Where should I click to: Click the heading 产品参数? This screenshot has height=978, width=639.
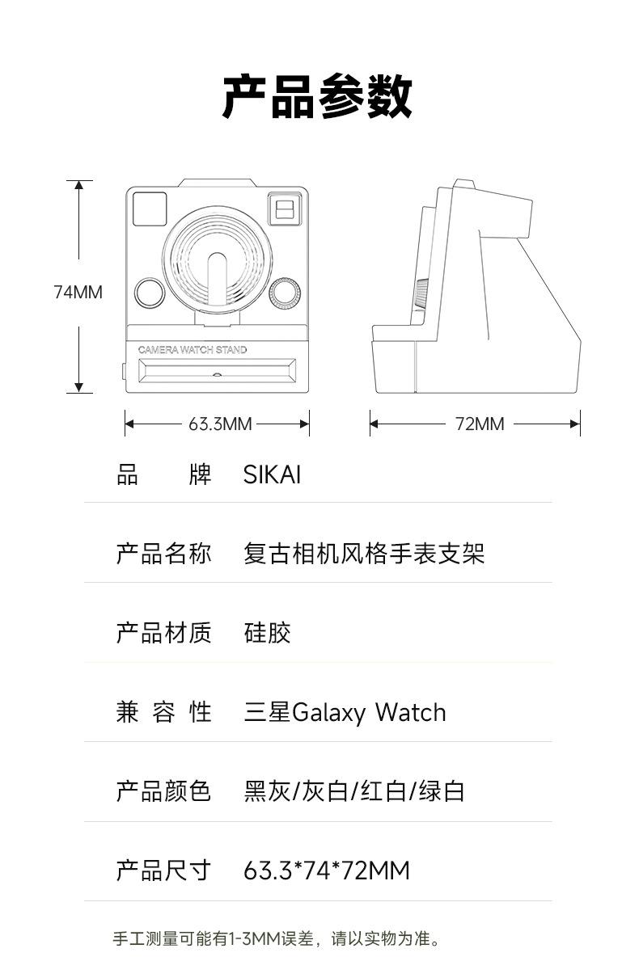point(318,97)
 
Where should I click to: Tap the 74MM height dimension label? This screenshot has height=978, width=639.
point(78,292)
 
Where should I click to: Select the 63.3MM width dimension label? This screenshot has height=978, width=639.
point(220,424)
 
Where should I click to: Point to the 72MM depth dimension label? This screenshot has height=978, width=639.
point(479,424)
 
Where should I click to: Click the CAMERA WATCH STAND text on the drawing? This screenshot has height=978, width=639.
point(193,350)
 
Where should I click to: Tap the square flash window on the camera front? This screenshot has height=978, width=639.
point(150,209)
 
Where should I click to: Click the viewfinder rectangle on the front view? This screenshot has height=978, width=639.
point(283,209)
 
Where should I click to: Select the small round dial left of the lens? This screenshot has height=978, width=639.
point(150,293)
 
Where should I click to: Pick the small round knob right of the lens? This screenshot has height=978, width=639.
point(284,293)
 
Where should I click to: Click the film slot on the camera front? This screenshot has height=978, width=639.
point(218,373)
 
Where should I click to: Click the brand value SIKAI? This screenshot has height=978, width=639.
point(272,474)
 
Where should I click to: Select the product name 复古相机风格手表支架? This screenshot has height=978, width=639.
point(364,554)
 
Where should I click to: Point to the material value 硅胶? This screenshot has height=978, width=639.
point(267,633)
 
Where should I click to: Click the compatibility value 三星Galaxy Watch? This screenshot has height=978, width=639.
point(345,712)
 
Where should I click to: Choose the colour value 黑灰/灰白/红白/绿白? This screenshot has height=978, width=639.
point(354,791)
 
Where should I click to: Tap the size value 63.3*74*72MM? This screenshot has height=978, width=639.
point(327,871)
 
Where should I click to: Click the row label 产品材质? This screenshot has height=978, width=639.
point(163,633)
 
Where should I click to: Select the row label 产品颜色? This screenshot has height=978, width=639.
point(163,791)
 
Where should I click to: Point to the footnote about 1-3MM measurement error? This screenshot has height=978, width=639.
point(277,938)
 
